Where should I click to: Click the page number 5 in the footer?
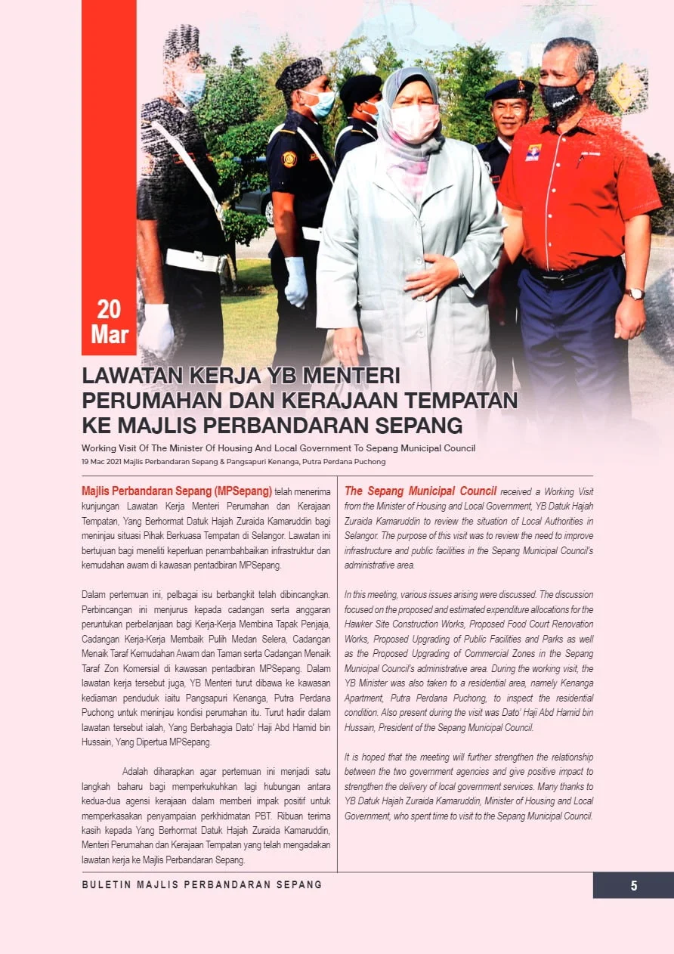(x=634, y=886)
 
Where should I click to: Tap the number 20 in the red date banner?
(x=109, y=309)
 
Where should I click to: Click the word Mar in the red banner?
(x=110, y=333)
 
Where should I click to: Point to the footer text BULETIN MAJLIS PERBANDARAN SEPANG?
(x=202, y=884)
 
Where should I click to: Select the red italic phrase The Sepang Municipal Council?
(x=420, y=491)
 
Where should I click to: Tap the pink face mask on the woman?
(x=414, y=122)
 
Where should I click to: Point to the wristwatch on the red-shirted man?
(x=635, y=293)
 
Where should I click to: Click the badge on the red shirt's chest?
(x=533, y=153)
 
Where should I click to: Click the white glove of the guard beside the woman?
(x=295, y=281)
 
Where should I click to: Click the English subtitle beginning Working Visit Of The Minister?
(x=279, y=448)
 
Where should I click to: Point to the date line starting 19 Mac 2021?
(x=234, y=461)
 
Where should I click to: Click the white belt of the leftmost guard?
(x=192, y=261)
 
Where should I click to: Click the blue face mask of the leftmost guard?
(x=191, y=88)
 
